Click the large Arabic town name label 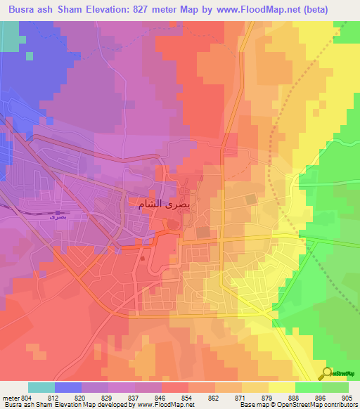pos(164,203)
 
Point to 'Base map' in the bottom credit pos(251,405)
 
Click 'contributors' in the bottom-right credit pos(339,405)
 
